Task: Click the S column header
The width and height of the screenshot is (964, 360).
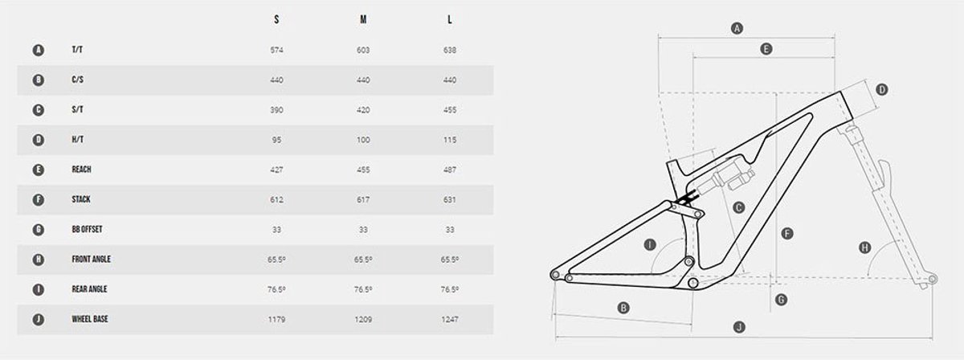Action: coord(276,19)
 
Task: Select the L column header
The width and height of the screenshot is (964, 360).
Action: coord(450,19)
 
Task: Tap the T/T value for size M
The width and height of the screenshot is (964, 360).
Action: coord(363,50)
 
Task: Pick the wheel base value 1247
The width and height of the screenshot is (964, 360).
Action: coord(450,320)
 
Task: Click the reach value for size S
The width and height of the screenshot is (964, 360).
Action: coord(276,170)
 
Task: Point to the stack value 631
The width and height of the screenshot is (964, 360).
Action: coord(450,200)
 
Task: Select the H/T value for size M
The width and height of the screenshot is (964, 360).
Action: coord(363,140)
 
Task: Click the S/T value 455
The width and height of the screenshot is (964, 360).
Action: coord(450,110)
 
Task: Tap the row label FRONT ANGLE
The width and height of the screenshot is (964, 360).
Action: coord(92,260)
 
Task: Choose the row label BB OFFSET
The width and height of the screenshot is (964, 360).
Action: coord(87,229)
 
